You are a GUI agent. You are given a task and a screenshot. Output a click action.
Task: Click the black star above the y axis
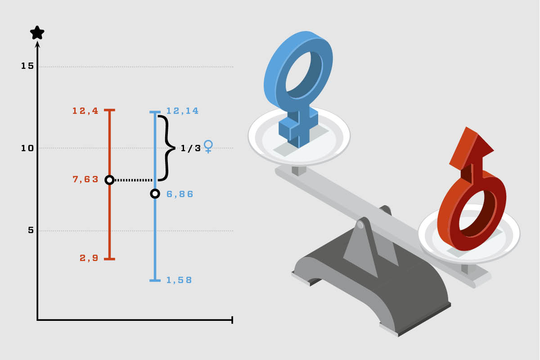[37, 33]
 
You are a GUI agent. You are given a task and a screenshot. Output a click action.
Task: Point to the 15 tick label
[27, 66]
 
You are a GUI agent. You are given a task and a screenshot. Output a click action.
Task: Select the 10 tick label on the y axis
[27, 148]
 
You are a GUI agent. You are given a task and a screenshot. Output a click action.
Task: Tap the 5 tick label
[31, 230]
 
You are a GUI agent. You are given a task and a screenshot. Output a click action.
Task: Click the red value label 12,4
[85, 111]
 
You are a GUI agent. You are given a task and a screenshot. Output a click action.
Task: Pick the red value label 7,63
[85, 179]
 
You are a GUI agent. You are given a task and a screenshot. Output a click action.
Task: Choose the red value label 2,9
[89, 258]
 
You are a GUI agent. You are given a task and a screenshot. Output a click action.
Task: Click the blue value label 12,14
[183, 111]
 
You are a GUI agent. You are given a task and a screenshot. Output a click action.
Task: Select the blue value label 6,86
[180, 194]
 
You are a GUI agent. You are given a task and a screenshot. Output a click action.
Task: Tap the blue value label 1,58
[179, 280]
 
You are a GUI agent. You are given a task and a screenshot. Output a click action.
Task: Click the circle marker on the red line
[109, 180]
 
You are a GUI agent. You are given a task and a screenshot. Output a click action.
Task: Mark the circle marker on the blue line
[155, 193]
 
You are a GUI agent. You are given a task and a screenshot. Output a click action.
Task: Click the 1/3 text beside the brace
[191, 148]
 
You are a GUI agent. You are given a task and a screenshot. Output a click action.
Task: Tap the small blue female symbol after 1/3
[208, 146]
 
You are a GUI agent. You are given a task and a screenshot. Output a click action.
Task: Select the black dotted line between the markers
[133, 180]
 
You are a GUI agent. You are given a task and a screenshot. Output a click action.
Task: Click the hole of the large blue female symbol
[304, 75]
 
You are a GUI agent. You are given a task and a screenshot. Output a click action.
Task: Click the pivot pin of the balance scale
[360, 225]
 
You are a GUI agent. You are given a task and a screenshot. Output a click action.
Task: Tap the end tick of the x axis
[232, 320]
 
